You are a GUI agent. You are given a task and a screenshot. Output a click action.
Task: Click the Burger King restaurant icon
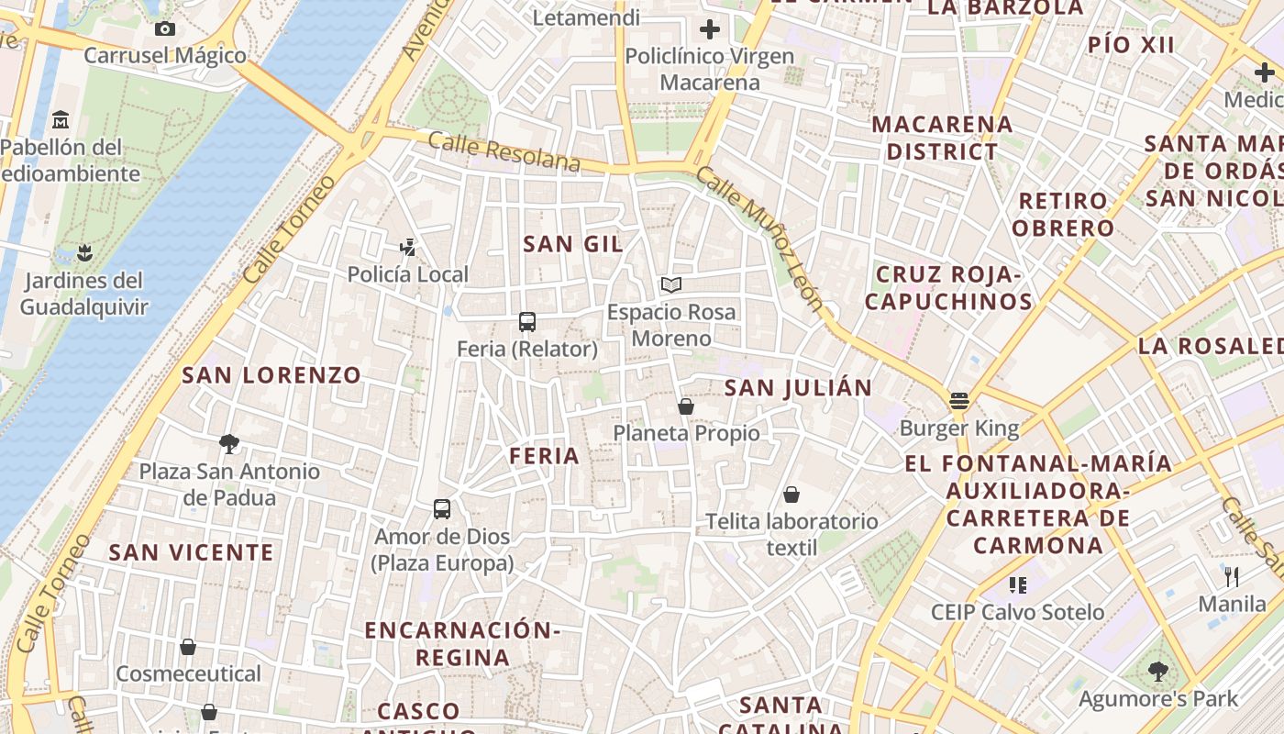(x=958, y=400)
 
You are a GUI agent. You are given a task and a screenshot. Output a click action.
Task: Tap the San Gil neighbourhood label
(x=573, y=244)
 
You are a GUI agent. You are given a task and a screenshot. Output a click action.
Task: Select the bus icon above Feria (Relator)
(x=526, y=322)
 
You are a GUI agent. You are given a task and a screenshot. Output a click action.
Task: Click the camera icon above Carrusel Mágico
(x=165, y=28)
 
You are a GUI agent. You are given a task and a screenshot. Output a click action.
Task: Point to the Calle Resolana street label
(x=504, y=152)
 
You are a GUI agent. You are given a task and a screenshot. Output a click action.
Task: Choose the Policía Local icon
(x=408, y=247)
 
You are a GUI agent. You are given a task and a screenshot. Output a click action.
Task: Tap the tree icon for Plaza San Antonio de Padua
(x=229, y=444)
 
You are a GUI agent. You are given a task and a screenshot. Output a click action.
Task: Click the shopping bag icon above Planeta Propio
(x=686, y=406)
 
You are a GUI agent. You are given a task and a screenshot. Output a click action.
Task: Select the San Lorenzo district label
(x=271, y=375)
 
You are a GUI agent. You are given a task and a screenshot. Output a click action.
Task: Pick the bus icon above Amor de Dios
(x=442, y=508)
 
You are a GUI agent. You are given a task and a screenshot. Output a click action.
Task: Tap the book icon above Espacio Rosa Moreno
(x=671, y=284)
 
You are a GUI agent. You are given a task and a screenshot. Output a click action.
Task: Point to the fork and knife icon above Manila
(x=1232, y=577)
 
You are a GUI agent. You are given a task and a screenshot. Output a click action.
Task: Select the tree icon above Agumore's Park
(x=1157, y=672)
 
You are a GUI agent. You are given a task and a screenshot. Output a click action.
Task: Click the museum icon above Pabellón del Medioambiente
(x=61, y=119)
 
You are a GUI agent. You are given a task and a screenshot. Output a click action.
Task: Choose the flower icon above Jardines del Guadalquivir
(x=84, y=252)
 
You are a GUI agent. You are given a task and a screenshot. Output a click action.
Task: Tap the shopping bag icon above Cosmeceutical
(x=188, y=647)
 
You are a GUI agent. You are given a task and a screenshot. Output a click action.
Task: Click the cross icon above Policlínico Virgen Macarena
(x=709, y=29)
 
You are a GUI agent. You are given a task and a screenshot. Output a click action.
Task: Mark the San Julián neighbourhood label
(x=798, y=388)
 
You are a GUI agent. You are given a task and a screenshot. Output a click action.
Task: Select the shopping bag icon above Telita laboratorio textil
(x=791, y=495)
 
